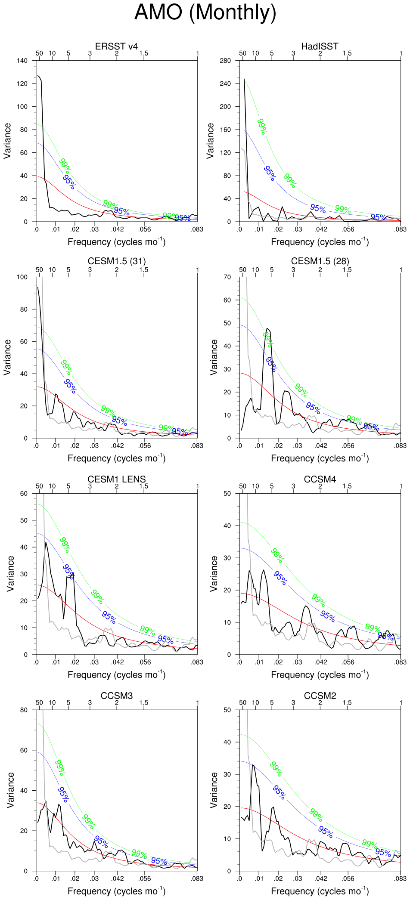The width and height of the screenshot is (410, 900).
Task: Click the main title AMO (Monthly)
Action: pos(205,12)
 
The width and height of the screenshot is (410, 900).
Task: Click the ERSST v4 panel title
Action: pos(116,46)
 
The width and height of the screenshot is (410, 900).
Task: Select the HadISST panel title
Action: pos(320,46)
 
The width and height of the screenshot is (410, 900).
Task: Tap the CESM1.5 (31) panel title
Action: pos(116,261)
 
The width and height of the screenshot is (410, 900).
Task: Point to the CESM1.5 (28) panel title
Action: pos(320,261)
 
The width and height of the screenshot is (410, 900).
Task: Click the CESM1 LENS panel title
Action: pos(116,479)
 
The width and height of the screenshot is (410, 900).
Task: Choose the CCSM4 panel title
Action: pos(320,479)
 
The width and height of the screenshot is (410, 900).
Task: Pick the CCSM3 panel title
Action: pos(116,696)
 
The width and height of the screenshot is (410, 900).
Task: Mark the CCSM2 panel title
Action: pos(320,696)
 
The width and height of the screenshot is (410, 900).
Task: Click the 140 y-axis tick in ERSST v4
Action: pos(22,61)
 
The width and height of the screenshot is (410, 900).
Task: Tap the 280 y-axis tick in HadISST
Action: pos(225,61)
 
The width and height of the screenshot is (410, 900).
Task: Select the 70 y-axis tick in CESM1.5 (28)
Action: pos(227,277)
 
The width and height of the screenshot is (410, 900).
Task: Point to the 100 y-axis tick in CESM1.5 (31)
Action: pos(22,277)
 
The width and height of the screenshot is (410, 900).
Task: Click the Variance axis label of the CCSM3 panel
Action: pos(11,790)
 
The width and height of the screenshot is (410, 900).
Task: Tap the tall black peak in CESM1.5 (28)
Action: pos(268,329)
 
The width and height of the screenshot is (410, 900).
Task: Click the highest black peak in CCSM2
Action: pos(253,765)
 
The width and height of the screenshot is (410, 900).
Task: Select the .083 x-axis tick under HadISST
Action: pos(401,229)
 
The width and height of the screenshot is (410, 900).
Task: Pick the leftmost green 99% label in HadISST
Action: pos(262,127)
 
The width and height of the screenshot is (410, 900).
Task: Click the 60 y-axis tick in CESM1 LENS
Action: pos(24,494)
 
